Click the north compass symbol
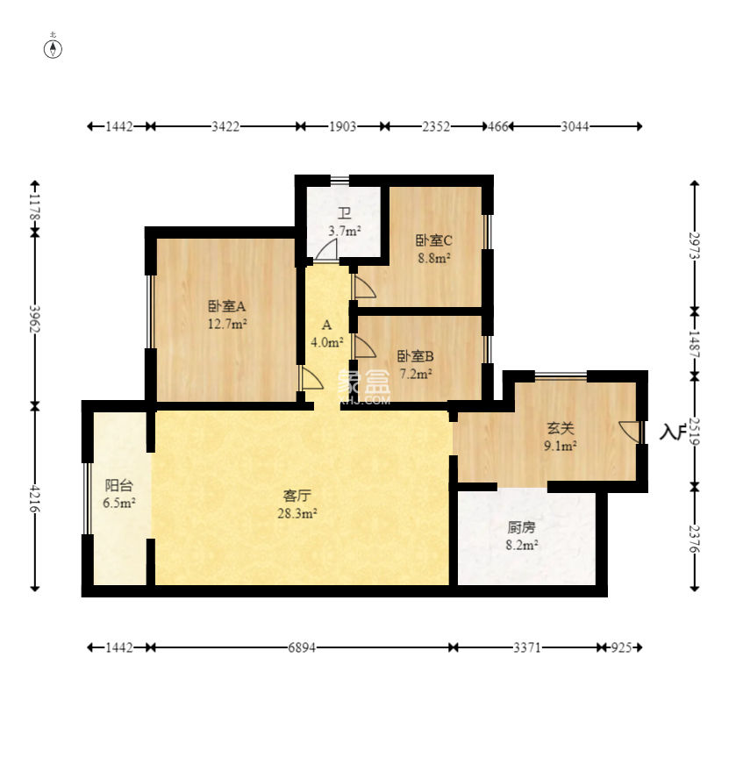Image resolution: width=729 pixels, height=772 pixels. point(54,49)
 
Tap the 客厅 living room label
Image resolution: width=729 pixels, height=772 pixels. point(297,496)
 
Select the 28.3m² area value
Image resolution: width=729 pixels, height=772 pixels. point(297,513)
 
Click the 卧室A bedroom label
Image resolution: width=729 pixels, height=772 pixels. point(226,306)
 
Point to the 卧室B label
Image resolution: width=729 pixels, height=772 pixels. point(416,355)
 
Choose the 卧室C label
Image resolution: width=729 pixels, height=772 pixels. point(434,240)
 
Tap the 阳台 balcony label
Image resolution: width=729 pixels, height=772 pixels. point(119,485)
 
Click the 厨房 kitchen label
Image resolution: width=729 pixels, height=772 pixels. point(521,527)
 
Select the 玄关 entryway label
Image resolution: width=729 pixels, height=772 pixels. point(561,428)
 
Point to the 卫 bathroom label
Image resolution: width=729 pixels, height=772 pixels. point(344,214)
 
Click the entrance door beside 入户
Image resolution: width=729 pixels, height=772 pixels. point(630,430)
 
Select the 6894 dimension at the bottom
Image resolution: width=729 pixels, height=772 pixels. point(302,647)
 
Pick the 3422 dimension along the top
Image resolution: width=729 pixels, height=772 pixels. point(225,126)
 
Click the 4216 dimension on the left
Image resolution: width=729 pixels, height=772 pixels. point(35,497)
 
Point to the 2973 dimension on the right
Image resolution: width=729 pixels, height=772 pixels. point(694,245)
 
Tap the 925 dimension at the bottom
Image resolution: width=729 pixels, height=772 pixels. point(621,647)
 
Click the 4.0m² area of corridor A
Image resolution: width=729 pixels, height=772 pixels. point(327,341)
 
